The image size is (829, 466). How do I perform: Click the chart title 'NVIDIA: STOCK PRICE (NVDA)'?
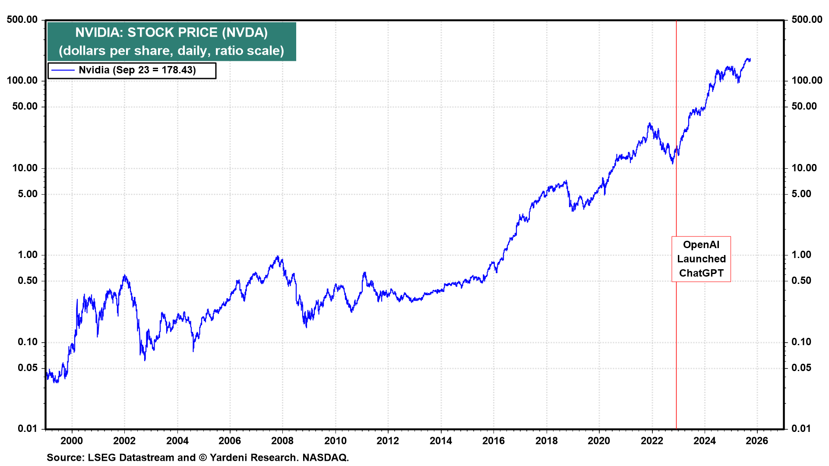coord(171,32)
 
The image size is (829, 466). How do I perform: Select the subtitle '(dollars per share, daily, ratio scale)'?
coord(171,51)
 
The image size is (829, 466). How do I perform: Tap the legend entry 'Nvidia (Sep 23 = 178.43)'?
coord(137,70)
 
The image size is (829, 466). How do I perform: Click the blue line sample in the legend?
coord(63,70)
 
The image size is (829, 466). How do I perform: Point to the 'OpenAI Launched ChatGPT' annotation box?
coord(701,259)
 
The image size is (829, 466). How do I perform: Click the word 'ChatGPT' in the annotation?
coord(701,273)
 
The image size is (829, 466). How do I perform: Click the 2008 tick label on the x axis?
coord(282,441)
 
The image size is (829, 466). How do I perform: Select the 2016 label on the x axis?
coord(494,441)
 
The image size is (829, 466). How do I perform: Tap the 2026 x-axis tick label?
coord(757,441)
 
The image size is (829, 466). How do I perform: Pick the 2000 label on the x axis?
coord(72,441)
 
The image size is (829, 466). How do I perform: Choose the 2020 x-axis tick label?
coord(599,441)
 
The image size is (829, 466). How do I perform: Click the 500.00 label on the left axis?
coord(22,19)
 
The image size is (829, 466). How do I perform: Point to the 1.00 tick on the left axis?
coord(28,255)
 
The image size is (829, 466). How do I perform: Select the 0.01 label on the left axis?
coord(28,428)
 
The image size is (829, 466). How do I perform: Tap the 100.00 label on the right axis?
coord(807,80)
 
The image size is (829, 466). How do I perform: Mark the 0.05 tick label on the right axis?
coord(801,368)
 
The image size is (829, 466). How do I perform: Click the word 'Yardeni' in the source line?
coord(227,457)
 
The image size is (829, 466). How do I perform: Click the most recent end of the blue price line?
coord(750,60)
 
